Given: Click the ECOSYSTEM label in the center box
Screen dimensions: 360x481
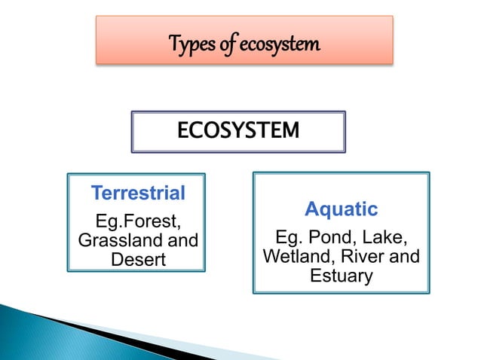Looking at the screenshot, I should (237, 132).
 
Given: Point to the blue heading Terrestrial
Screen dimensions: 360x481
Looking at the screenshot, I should (138, 194).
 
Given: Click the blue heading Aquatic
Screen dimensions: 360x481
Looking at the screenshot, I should (341, 209).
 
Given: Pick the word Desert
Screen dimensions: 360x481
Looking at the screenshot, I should (138, 260).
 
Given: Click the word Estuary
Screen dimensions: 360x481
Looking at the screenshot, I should (341, 276).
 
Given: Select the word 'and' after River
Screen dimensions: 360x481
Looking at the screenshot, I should (403, 258).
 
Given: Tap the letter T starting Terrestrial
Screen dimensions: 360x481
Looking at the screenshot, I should (96, 194).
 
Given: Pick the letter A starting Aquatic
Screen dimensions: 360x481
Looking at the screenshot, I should (311, 209).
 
